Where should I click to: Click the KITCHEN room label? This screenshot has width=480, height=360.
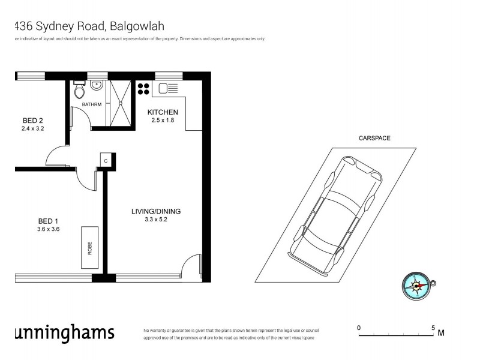(163, 112)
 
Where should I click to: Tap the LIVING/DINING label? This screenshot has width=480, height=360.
(156, 211)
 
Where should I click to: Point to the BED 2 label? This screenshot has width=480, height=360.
(32, 119)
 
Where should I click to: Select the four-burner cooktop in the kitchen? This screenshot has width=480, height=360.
(143, 88)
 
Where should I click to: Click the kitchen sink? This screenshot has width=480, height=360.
(167, 89)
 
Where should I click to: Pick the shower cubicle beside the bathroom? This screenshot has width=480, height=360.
(120, 102)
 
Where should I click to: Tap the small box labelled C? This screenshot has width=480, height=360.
(106, 161)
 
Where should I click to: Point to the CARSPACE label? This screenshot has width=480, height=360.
(374, 138)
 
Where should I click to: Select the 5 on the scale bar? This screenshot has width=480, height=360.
(433, 328)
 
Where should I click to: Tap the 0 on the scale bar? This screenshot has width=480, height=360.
(359, 328)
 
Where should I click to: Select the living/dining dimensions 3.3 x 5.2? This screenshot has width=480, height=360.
(156, 220)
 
